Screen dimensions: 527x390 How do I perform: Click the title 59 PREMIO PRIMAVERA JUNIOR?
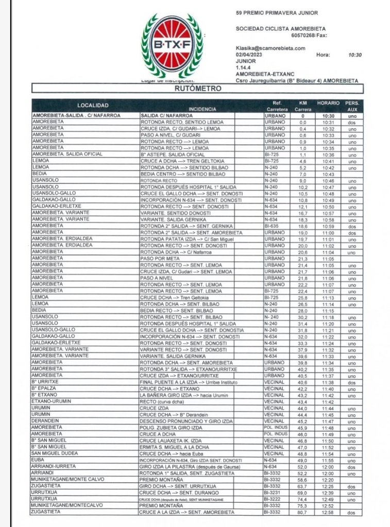pos(276,12)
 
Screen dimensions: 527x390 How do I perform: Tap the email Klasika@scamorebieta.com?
pos(270,48)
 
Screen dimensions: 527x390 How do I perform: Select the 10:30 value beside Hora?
pos(355,54)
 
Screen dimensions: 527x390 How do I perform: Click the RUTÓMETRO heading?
pos(197,89)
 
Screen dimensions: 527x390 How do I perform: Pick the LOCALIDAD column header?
pos(84,105)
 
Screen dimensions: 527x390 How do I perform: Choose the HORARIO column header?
pos(328,103)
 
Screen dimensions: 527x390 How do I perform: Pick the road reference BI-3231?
pos(273,493)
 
